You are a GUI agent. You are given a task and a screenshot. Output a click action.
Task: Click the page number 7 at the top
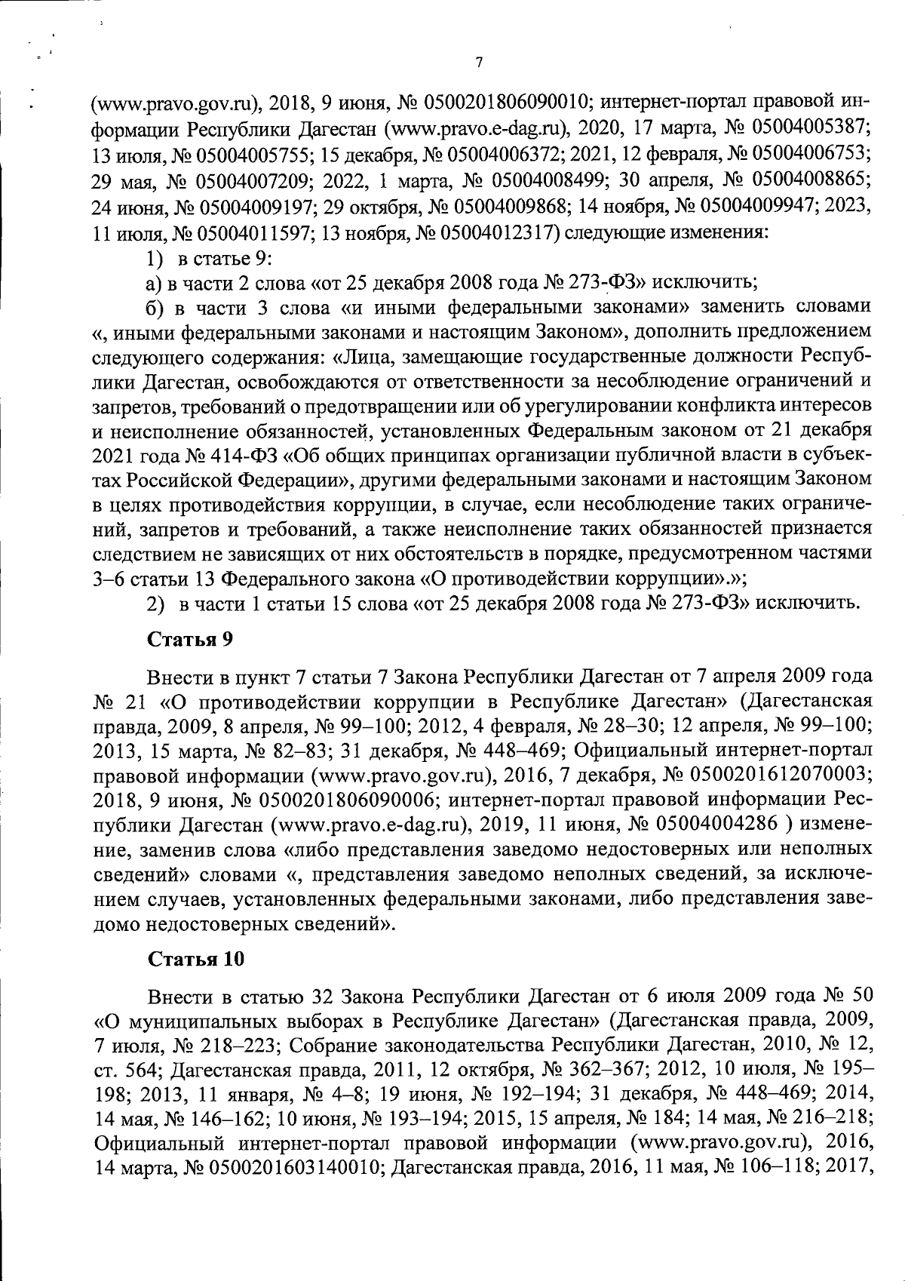(479, 62)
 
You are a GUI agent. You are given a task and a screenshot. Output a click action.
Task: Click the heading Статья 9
(190, 639)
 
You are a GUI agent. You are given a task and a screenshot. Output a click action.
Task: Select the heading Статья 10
(196, 959)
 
